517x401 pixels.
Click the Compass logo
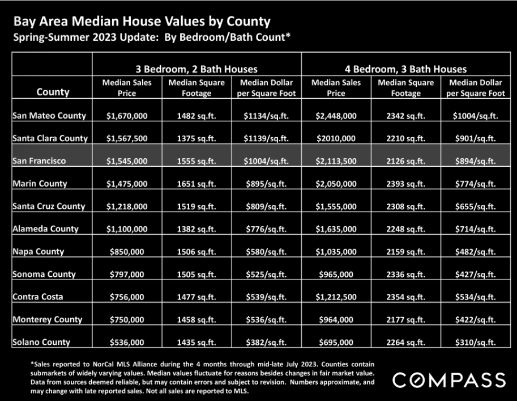pos(449,380)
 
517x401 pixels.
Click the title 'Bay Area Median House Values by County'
pos(142,22)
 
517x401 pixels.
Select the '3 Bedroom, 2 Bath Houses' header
pos(196,69)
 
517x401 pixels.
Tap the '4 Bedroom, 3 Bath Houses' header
pos(406,69)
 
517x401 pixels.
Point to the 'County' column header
pos(53,92)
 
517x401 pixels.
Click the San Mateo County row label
pos(49,116)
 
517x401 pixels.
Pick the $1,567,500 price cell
pos(127,138)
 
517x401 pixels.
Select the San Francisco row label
pos(39,161)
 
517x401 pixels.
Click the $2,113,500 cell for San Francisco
pos(336,161)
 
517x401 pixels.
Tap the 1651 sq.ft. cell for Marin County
pos(196,184)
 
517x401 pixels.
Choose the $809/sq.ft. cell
pos(266,206)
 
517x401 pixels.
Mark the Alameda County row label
pos(45,229)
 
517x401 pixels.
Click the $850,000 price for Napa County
pos(127,252)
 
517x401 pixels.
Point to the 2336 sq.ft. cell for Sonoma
pos(406,275)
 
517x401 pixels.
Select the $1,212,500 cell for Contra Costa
pos(336,297)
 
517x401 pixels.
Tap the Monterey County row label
pos(47,319)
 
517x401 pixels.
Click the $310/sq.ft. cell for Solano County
pos(476,343)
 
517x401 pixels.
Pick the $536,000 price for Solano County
pos(127,343)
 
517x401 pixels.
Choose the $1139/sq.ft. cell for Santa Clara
pos(266,138)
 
